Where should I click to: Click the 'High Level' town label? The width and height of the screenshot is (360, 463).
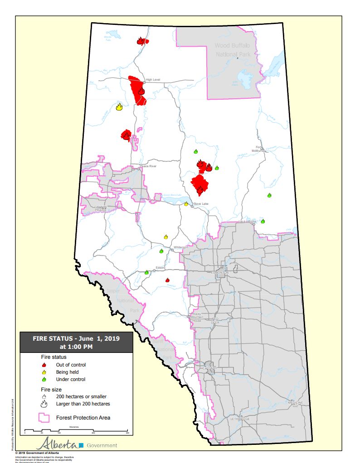click(153, 80)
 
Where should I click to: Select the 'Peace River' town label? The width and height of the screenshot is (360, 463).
click(148, 166)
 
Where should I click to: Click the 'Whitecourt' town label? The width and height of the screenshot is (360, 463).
click(180, 247)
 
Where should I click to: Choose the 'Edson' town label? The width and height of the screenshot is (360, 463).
click(160, 268)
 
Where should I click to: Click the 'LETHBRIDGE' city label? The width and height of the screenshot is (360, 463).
click(240, 419)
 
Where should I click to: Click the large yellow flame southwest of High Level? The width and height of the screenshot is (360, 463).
click(119, 107)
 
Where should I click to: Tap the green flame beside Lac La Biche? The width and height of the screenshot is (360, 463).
click(263, 221)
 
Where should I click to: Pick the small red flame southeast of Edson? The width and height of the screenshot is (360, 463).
click(168, 280)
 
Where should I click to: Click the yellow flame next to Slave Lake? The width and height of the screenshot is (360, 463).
click(186, 204)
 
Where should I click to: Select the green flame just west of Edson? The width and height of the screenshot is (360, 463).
click(146, 272)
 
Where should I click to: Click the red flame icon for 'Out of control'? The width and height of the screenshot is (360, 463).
click(44, 365)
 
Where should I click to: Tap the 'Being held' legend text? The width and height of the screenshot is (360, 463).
click(67, 372)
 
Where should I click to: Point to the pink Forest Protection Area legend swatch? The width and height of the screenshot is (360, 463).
click(44, 418)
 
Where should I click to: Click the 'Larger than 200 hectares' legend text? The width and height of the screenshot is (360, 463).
click(83, 403)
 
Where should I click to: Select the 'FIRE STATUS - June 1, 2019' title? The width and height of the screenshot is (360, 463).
click(76, 338)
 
